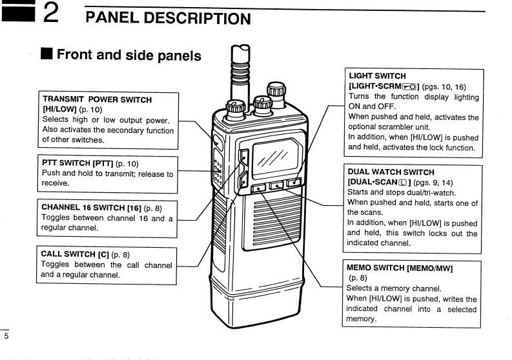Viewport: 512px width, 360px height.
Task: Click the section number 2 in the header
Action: point(52,14)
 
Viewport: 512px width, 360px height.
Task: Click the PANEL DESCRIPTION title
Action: point(168,18)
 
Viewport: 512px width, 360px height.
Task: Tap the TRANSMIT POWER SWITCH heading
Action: point(97,100)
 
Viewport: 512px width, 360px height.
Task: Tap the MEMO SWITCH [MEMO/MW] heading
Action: point(400,268)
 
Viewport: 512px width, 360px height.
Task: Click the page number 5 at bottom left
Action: point(6,336)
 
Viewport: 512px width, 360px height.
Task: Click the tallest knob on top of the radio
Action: point(276,90)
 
